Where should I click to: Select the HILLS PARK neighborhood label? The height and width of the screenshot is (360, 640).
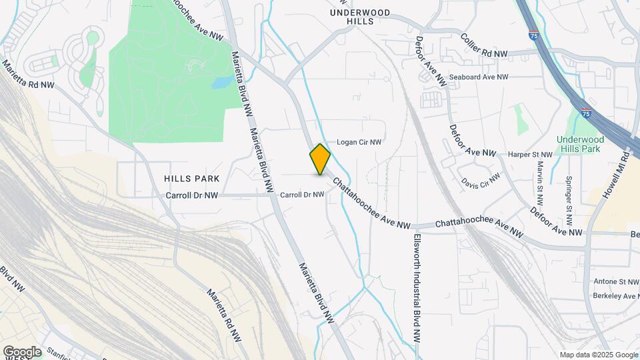click(187, 179)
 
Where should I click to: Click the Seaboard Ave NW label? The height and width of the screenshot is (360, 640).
click(479, 77)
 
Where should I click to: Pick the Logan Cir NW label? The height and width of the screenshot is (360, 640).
click(359, 142)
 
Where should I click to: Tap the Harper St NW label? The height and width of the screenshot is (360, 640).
click(530, 155)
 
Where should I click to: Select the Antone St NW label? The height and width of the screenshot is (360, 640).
click(611, 282)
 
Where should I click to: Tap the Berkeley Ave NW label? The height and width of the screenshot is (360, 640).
click(615, 295)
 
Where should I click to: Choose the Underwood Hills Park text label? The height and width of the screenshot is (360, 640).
click(580, 143)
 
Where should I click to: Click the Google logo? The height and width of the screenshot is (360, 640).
click(22, 351)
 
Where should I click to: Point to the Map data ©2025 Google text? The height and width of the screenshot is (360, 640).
click(599, 355)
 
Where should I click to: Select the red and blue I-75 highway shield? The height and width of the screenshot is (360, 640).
click(585, 114)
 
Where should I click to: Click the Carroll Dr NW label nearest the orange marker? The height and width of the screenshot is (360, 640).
click(302, 195)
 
